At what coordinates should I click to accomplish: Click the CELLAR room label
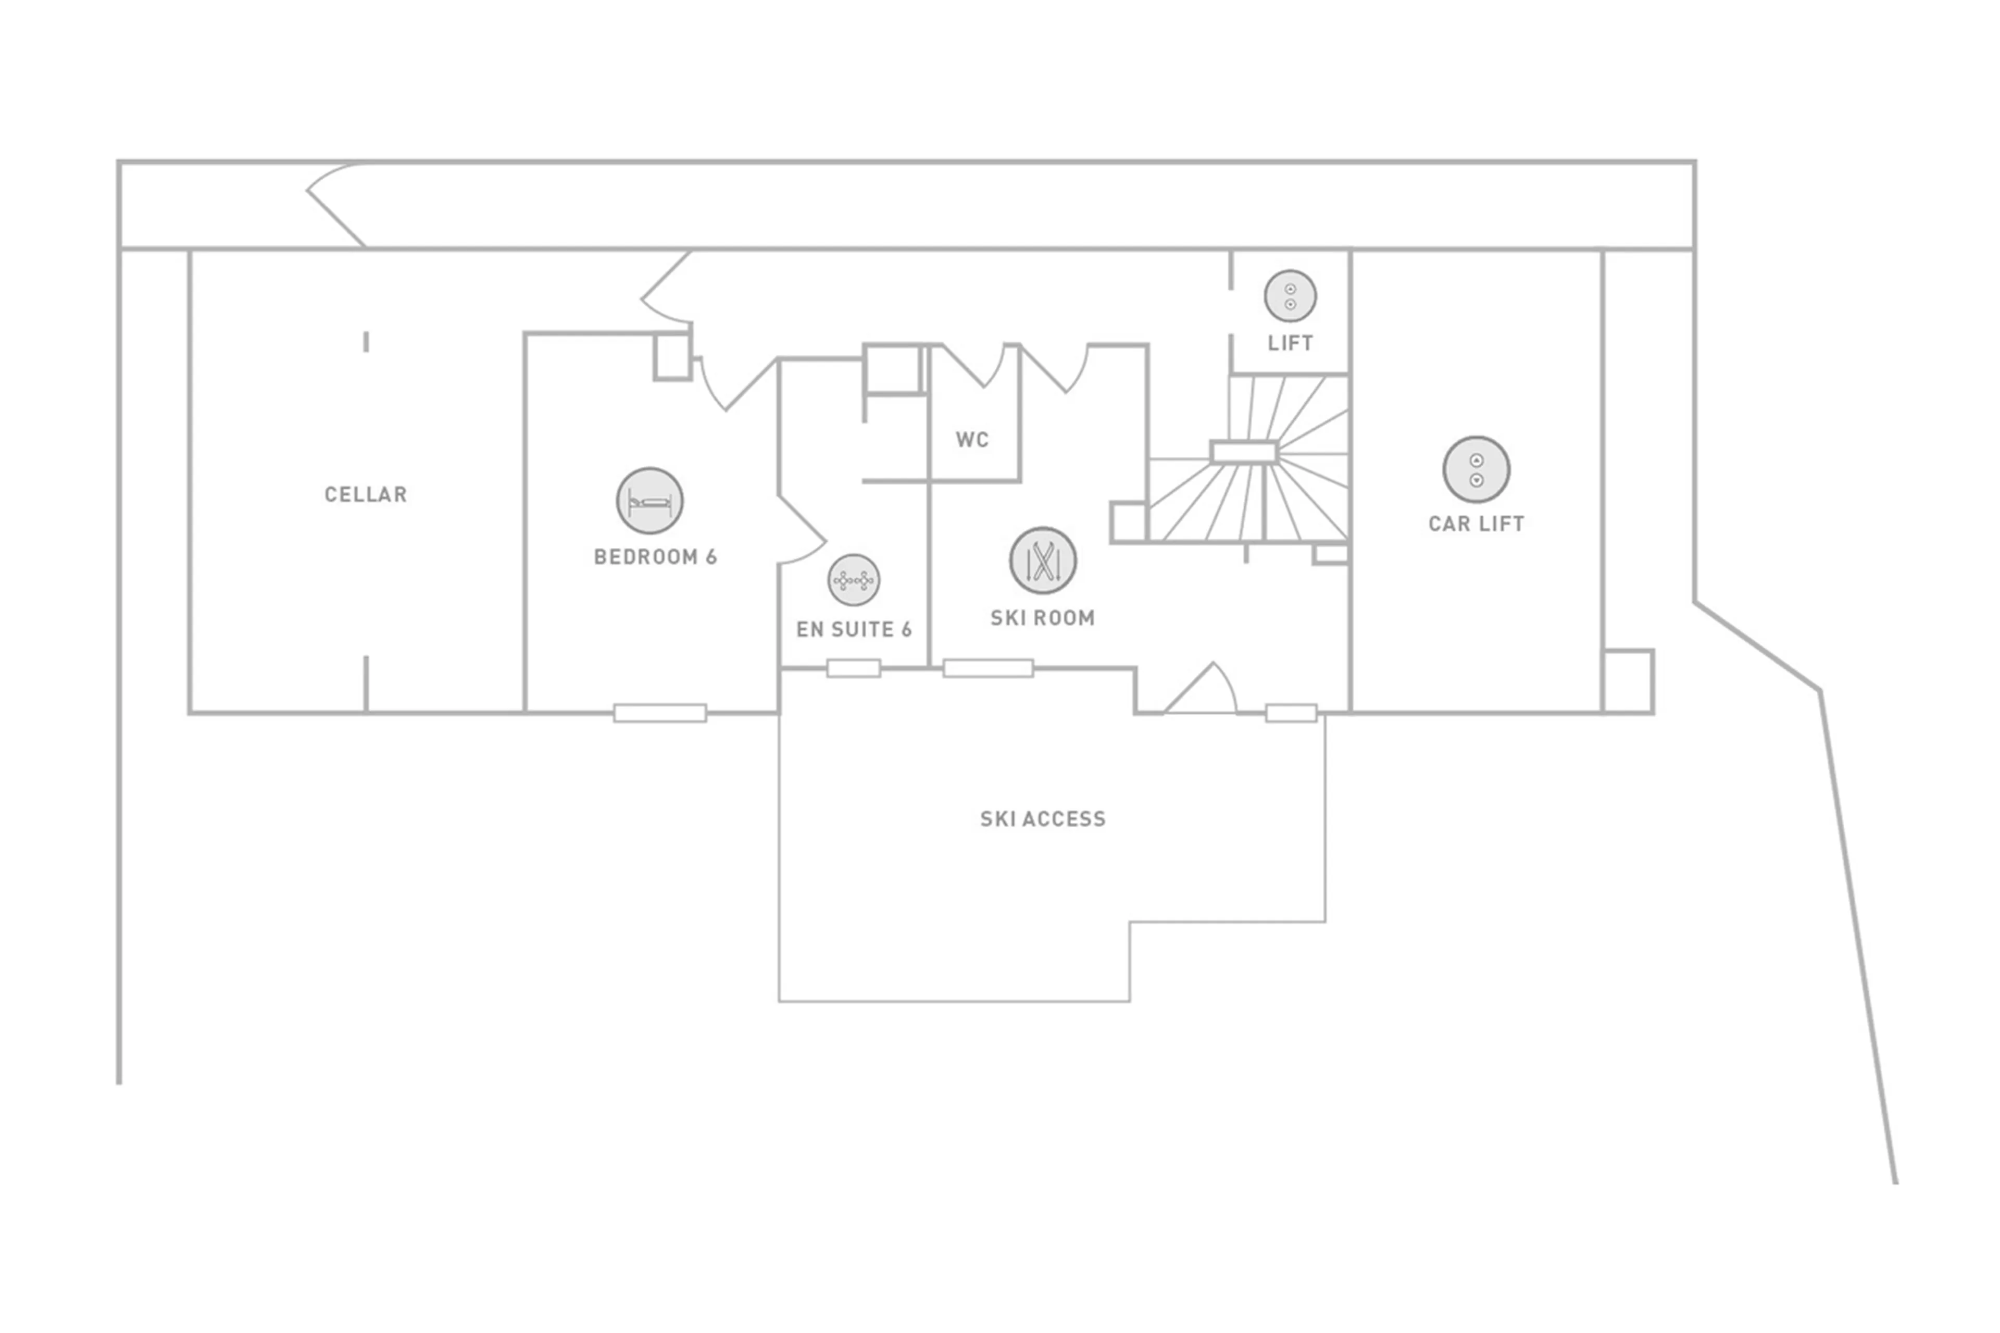click(x=366, y=494)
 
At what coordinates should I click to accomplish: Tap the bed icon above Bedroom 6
click(x=649, y=501)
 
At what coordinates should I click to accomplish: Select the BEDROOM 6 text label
click(x=655, y=557)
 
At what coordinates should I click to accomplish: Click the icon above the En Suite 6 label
click(x=853, y=580)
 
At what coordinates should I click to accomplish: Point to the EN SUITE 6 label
click(x=853, y=629)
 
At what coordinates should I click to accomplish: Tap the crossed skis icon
click(x=1043, y=560)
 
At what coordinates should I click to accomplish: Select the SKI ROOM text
click(x=1042, y=618)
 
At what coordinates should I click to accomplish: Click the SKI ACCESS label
click(x=1043, y=819)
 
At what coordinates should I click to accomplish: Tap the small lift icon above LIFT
click(x=1290, y=296)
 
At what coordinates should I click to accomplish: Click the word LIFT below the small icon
click(x=1290, y=343)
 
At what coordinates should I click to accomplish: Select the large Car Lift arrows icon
click(x=1476, y=469)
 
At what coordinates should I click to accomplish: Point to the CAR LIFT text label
click(x=1476, y=524)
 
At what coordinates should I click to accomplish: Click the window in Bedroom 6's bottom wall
click(x=659, y=713)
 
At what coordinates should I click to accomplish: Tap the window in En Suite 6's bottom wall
click(x=853, y=669)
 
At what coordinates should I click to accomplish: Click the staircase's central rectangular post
click(x=1244, y=452)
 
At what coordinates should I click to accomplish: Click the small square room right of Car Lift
click(x=1628, y=681)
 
